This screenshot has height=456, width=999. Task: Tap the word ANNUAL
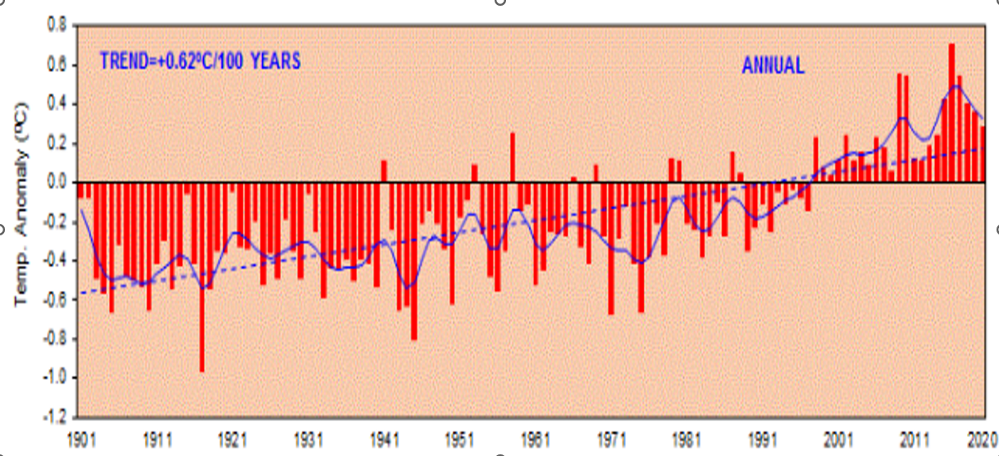773,66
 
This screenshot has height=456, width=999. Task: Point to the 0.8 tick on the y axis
56,25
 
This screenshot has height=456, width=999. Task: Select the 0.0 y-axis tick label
56,182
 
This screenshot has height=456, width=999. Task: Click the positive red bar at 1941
384,171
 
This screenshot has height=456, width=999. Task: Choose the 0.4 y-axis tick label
56,104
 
